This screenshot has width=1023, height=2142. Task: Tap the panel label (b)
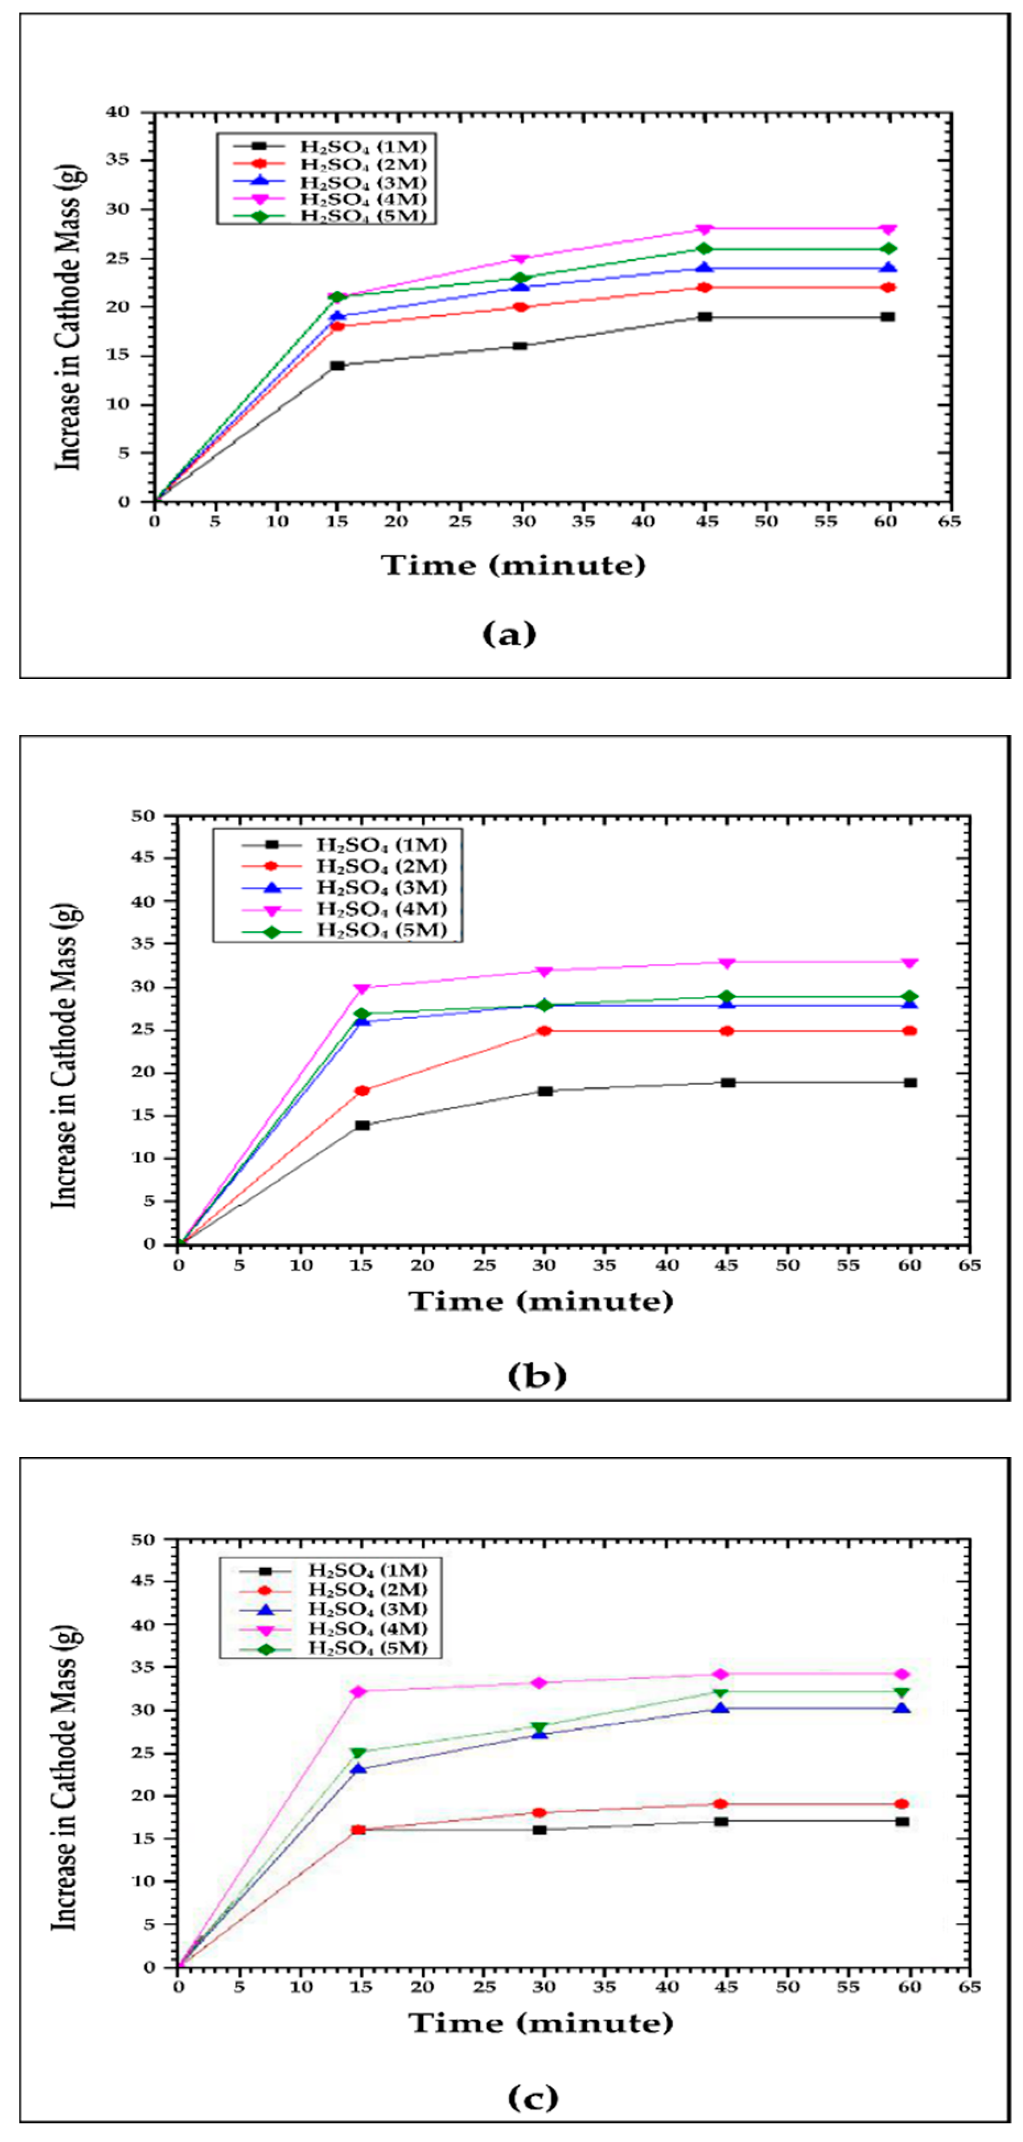[536, 1375]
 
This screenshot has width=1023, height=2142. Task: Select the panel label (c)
[533, 2098]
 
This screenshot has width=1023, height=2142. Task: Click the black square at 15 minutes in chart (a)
[337, 366]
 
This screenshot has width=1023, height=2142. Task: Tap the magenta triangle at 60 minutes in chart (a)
[888, 229]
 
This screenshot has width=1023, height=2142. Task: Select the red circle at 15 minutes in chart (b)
[362, 1091]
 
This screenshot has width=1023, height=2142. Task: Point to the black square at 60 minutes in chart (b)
[910, 1083]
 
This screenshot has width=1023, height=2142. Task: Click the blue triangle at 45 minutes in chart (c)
[721, 1709]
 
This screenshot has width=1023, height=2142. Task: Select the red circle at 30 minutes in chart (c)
[539, 1813]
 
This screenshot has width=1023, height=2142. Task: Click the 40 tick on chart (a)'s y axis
[118, 112]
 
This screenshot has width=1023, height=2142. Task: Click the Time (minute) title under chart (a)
[513, 565]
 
